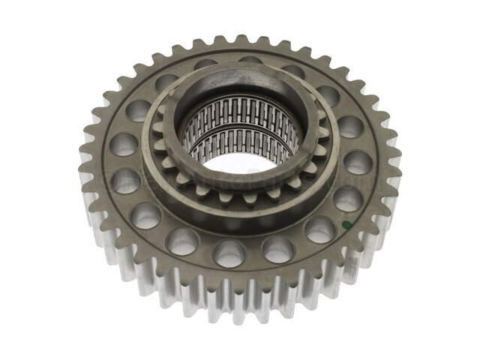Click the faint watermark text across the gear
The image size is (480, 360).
tap(225, 181)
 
